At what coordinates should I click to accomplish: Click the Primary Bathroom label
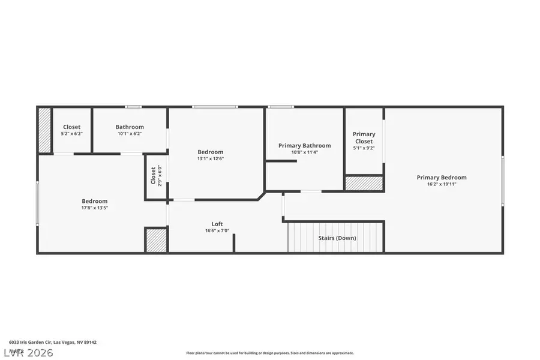304,145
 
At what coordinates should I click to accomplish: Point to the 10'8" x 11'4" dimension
304,152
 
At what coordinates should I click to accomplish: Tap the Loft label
217,224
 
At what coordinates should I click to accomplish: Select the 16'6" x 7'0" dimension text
217,231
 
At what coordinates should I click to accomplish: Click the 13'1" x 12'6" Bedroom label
211,152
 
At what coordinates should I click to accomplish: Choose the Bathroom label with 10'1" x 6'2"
130,127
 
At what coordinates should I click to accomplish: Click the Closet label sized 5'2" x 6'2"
71,127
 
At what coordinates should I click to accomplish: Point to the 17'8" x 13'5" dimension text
95,208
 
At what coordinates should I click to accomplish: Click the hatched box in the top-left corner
44,130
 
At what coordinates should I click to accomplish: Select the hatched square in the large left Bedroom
156,240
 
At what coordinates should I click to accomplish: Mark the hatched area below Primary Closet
364,183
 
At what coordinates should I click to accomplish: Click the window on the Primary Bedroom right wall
502,180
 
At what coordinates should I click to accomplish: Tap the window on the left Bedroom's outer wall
38,204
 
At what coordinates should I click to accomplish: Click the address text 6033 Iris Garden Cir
52,342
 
